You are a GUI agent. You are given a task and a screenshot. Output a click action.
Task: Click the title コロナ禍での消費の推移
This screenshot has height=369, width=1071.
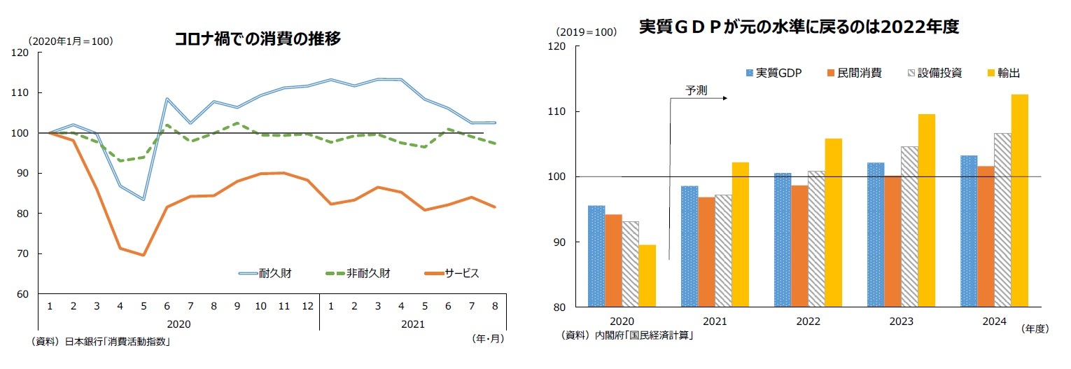258,40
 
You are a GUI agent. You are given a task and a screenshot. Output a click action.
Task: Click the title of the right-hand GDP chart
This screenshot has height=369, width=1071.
798,27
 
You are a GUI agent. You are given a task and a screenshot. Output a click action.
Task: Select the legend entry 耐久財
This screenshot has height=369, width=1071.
265,273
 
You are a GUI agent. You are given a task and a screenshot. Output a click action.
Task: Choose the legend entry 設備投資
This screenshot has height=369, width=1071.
932,73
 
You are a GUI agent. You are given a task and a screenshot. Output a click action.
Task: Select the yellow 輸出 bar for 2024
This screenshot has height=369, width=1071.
1020,200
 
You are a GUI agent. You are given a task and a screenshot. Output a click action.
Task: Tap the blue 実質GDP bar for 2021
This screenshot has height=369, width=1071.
689,246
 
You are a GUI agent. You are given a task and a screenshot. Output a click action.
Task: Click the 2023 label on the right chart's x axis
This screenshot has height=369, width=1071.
901,321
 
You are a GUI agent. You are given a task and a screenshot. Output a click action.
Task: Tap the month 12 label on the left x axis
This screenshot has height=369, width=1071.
307,305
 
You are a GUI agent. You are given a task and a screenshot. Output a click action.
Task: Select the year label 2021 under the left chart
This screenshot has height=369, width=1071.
413,324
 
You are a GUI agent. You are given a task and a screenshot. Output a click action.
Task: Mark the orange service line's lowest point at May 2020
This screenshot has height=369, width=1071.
143,255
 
